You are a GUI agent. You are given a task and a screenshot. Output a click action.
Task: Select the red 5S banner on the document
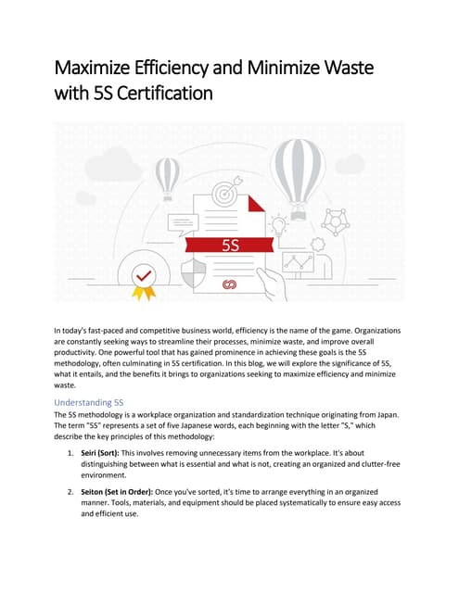pos(231,246)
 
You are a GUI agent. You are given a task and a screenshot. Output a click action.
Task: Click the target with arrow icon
pos(225,195)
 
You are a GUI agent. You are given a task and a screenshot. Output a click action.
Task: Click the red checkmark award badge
pos(142,277)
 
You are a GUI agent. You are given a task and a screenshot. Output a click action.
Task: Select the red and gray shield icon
pos(194,273)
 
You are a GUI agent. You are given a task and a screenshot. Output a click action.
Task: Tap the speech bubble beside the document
pos(183,223)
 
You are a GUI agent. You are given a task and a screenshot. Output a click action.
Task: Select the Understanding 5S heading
pos(89,402)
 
